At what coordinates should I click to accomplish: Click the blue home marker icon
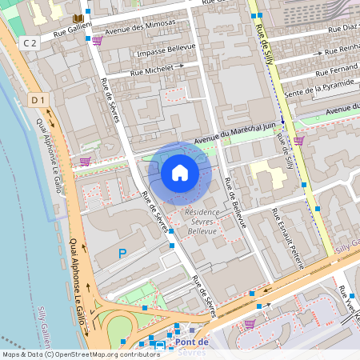180,172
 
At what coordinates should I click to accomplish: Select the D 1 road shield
38,100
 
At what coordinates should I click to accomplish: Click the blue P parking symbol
122,254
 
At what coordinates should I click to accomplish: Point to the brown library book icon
78,18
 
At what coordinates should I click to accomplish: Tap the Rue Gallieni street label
70,33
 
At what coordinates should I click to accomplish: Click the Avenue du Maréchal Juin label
240,128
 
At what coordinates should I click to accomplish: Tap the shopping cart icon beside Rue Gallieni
97,41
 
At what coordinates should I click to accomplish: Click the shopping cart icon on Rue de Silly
298,141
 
